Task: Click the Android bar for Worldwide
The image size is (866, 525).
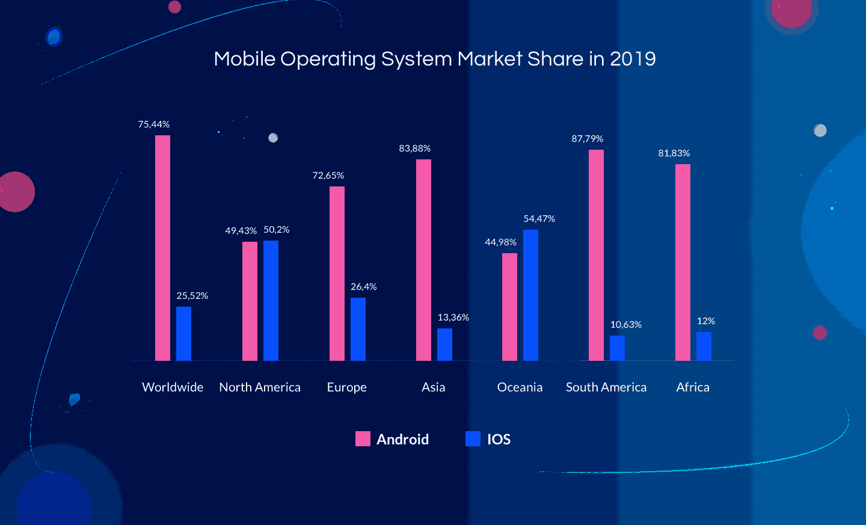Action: tap(162, 248)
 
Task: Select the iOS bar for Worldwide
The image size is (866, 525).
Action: tap(183, 334)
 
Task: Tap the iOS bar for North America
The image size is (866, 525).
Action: tap(271, 301)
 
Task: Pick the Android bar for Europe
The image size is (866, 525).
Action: tap(337, 274)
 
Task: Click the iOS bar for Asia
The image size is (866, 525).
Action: tap(444, 345)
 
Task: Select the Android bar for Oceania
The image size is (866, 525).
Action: tap(509, 307)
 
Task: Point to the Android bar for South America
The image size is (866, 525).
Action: tap(596, 255)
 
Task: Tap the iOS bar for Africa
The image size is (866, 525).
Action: tap(704, 346)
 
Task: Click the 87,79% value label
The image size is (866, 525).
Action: tap(587, 139)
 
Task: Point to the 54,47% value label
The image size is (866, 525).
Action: tap(539, 219)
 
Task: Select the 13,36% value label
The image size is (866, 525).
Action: tap(453, 318)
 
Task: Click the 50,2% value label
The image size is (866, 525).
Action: tap(276, 230)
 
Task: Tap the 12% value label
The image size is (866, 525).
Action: tap(705, 321)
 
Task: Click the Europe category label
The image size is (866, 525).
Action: tap(346, 387)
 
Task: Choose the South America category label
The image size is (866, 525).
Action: tap(606, 387)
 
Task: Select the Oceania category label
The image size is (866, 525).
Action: tap(520, 387)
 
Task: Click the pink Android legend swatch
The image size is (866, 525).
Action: tap(363, 439)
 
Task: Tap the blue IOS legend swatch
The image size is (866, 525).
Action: tap(473, 439)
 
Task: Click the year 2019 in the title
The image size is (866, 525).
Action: tap(633, 59)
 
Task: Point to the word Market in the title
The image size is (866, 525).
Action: tap(490, 59)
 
